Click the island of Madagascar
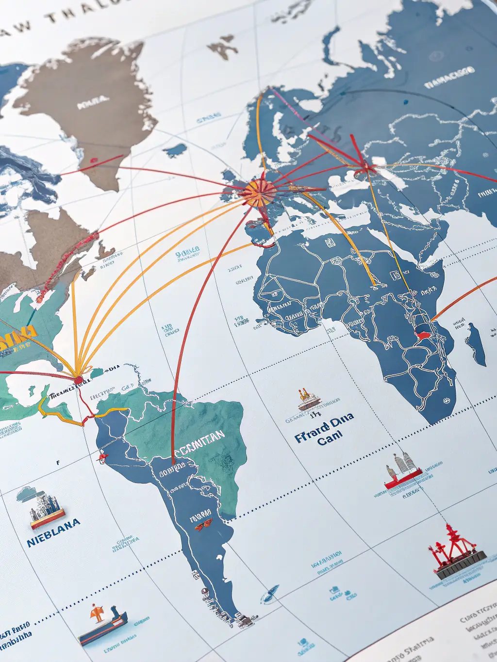coord(476,344)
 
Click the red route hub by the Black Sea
coord(365,168)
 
